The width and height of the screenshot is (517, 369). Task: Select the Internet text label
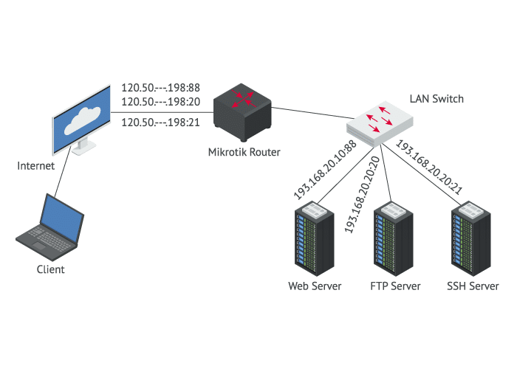pyautogui.click(x=35, y=166)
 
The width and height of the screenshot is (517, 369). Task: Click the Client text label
pyautogui.click(x=51, y=269)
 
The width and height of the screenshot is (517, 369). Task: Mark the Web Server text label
pyautogui.click(x=315, y=286)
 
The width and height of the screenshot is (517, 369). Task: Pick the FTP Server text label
pyautogui.click(x=395, y=286)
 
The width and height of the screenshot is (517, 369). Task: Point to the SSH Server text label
pyautogui.click(x=473, y=286)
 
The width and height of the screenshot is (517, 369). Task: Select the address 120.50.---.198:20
pyautogui.click(x=160, y=101)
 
